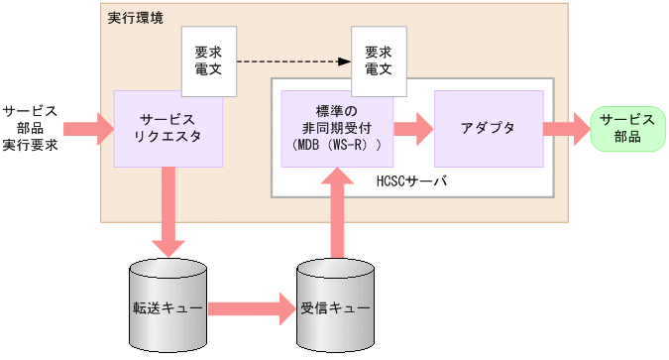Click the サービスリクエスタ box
point(167,128)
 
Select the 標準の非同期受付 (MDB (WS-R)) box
point(337,129)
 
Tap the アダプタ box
point(489,129)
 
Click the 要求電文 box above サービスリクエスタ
point(208,61)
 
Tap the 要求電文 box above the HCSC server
point(379,61)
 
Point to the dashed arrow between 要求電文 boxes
point(292,61)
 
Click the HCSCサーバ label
point(412,181)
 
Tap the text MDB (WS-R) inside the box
point(337,145)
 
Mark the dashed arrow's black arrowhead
point(345,61)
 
